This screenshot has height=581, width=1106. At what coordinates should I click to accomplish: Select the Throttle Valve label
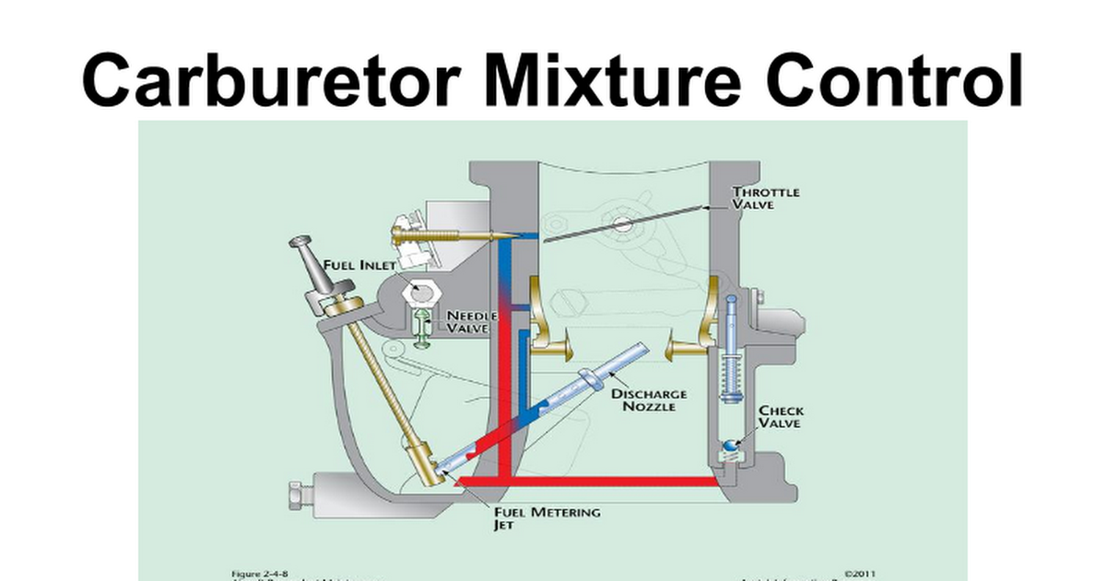click(x=765, y=198)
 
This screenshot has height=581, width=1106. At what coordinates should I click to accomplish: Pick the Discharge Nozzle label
click(x=649, y=399)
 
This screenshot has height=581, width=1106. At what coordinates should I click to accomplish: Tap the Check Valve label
click(x=781, y=417)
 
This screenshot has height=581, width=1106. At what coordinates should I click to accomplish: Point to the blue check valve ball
click(x=729, y=447)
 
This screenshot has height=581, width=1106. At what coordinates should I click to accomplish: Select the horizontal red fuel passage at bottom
click(x=590, y=480)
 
